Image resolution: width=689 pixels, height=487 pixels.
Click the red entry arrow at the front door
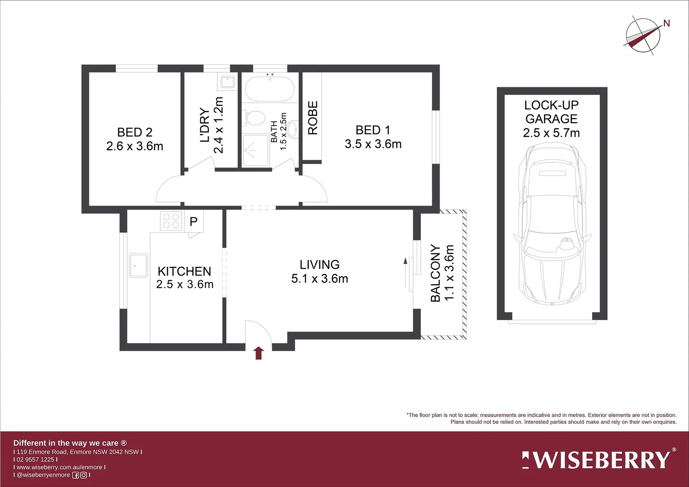(258, 353)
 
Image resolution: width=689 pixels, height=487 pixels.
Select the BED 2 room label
(134, 132)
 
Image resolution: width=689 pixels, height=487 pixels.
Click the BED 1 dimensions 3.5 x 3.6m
(373, 144)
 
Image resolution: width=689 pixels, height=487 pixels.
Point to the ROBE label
(312, 118)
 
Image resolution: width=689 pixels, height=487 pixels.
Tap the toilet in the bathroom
(254, 119)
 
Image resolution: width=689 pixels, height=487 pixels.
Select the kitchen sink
(138, 265)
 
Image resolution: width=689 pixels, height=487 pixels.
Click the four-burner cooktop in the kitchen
(171, 221)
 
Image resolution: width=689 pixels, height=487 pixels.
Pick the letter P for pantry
(193, 222)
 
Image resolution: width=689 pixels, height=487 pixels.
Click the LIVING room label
(319, 265)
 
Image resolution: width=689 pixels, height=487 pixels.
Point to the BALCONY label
(435, 273)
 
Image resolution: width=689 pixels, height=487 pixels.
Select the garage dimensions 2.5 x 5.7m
(551, 133)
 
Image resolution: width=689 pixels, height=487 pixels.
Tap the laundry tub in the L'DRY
(227, 82)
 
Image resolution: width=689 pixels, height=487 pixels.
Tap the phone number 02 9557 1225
(35, 459)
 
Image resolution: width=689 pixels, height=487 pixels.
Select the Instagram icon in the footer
(83, 475)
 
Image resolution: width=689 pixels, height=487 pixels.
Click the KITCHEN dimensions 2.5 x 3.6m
(184, 285)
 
